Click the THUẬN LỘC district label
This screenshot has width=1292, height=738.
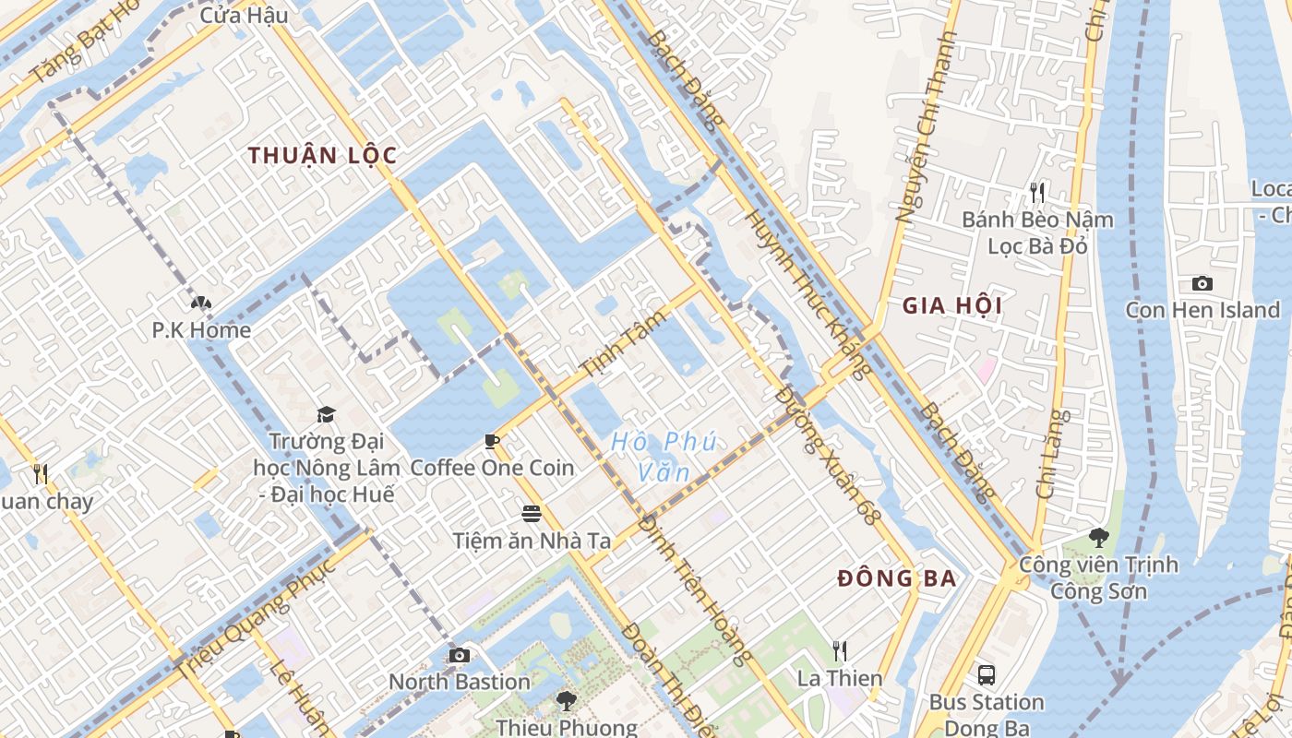[x=322, y=155]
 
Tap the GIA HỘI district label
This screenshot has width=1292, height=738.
[x=951, y=305]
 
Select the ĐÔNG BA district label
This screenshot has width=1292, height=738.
[x=896, y=578]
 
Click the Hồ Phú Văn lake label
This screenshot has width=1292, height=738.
[x=664, y=457]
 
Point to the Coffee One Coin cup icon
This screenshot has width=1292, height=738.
[x=492, y=441]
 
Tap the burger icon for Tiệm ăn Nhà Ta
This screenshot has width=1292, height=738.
[x=532, y=513]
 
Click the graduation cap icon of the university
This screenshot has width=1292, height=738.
[x=326, y=414]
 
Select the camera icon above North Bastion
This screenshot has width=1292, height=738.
[x=459, y=655]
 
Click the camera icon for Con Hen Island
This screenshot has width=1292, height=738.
[x=1202, y=283]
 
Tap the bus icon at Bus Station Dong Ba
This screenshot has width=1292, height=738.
[x=987, y=674]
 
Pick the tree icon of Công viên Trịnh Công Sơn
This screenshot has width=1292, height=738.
[x=1098, y=537]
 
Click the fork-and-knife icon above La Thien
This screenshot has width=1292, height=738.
[x=840, y=650]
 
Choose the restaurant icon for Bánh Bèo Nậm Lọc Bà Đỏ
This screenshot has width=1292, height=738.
[x=1037, y=193]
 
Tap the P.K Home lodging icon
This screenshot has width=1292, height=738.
[x=200, y=303]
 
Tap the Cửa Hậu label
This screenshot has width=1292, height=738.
[x=244, y=15]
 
